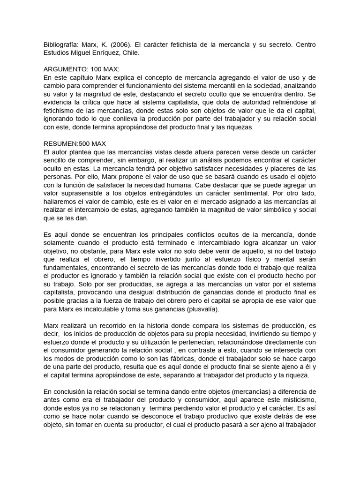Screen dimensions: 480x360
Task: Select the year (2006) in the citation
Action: coord(120,45)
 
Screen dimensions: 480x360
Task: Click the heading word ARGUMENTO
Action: coord(63,69)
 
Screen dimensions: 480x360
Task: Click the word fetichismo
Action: coord(60,111)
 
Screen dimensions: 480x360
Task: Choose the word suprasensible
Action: coord(84,193)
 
